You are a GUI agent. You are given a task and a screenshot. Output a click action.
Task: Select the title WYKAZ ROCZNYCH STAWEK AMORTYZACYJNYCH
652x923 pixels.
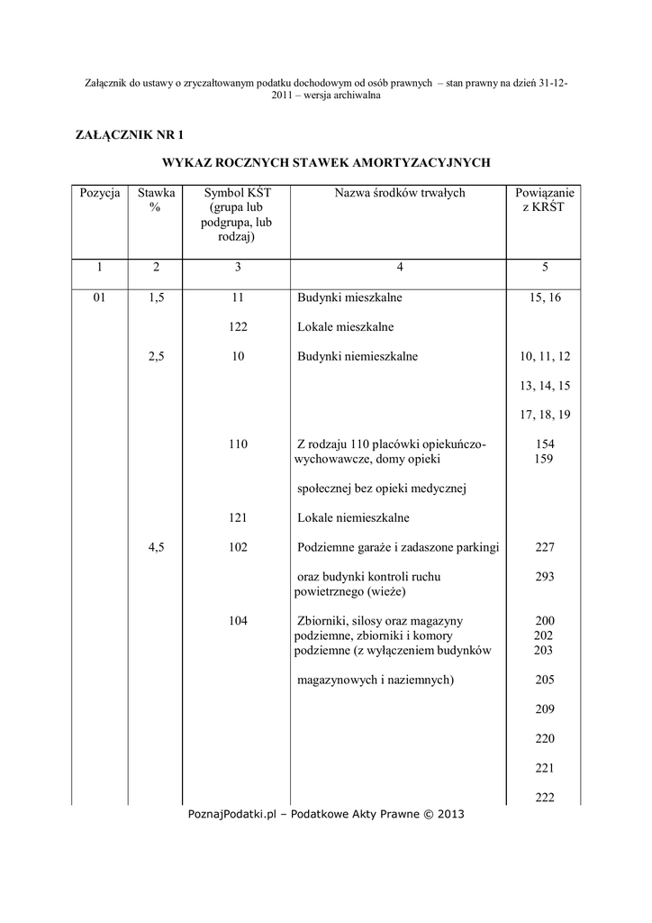pyautogui.click(x=325, y=163)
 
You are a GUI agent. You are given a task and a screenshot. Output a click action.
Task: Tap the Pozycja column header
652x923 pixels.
pyautogui.click(x=99, y=193)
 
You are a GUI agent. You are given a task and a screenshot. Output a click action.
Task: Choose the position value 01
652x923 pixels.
pyautogui.click(x=99, y=297)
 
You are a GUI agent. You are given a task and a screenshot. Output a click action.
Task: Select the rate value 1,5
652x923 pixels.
pyautogui.click(x=156, y=297)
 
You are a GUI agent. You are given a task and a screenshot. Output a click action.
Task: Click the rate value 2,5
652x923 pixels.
pyautogui.click(x=156, y=356)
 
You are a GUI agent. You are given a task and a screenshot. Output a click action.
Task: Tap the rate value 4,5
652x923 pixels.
pyautogui.click(x=156, y=547)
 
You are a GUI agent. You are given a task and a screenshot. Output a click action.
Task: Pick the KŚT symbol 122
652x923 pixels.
pyautogui.click(x=238, y=326)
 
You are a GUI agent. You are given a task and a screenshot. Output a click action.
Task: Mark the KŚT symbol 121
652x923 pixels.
pyautogui.click(x=238, y=517)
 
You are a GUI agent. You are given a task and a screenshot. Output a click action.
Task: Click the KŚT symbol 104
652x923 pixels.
pyautogui.click(x=238, y=621)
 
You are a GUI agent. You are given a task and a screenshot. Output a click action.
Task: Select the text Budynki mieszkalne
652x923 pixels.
pyautogui.click(x=350, y=297)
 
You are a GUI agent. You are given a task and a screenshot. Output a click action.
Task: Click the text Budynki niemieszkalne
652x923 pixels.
pyautogui.click(x=358, y=356)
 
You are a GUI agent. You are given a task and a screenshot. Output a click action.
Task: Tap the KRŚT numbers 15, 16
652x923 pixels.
pyautogui.click(x=545, y=297)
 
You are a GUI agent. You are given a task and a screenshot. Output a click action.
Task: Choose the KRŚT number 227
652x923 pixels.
pyautogui.click(x=545, y=547)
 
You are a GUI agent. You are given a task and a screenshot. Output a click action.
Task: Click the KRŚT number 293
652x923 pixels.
pyautogui.click(x=545, y=576)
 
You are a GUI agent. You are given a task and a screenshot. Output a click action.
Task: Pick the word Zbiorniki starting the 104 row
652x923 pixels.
pyautogui.click(x=323, y=621)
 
